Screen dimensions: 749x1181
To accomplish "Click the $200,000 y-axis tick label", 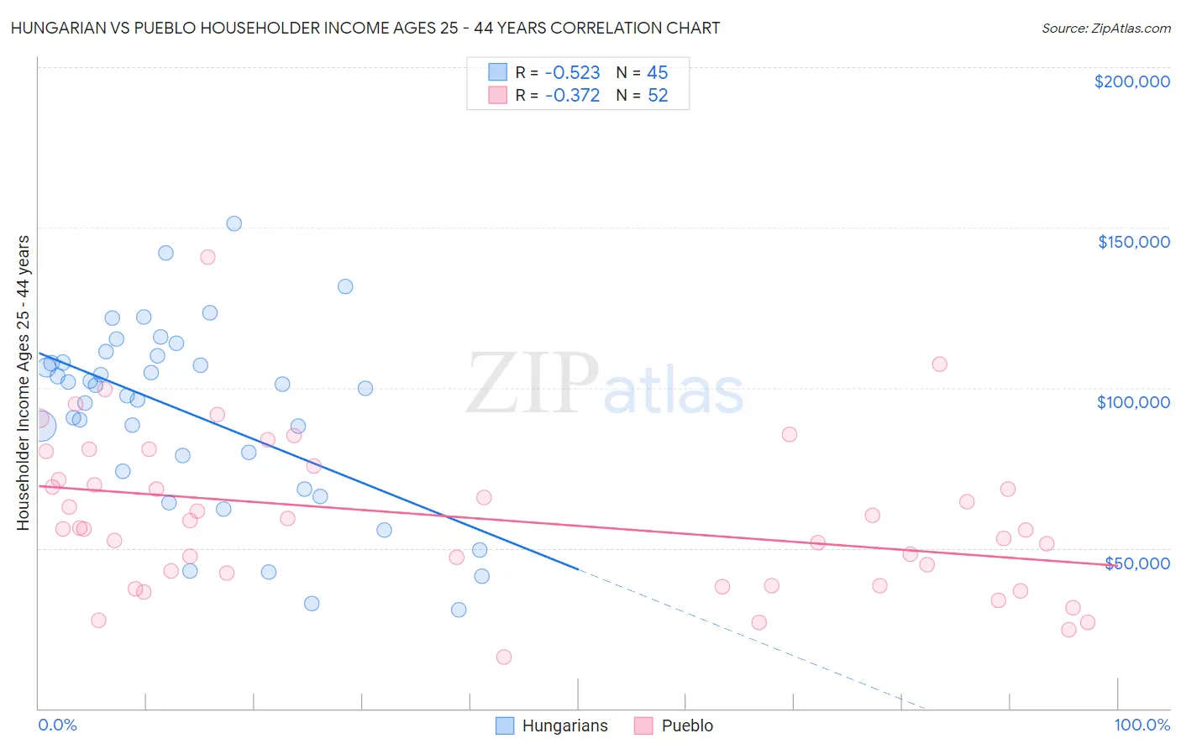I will [x=1131, y=81].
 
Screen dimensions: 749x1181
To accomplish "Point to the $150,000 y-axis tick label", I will [x=1133, y=242].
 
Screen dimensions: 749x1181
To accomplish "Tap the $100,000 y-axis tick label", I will [x=1133, y=402].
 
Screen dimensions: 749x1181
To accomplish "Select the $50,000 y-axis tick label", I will [x=1136, y=563].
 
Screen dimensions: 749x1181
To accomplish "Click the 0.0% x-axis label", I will [x=57, y=725].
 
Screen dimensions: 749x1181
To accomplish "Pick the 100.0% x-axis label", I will [x=1142, y=725].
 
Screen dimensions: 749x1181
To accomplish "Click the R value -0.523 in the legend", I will [x=572, y=73].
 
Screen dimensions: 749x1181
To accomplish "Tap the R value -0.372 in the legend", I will [x=572, y=96].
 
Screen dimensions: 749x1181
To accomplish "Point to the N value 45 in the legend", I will [x=657, y=73].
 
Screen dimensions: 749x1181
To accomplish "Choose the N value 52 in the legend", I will [x=657, y=96].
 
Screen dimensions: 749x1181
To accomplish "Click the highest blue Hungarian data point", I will [x=234, y=223].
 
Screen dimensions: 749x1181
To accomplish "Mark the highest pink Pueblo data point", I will [x=207, y=257].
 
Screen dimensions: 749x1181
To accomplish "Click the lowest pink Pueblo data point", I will [x=504, y=657].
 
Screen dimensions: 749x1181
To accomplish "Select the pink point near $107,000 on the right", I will [x=939, y=364].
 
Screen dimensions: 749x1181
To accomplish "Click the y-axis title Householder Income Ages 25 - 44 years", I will [x=23, y=383].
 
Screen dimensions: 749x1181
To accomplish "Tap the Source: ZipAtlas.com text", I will [x=1105, y=29].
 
